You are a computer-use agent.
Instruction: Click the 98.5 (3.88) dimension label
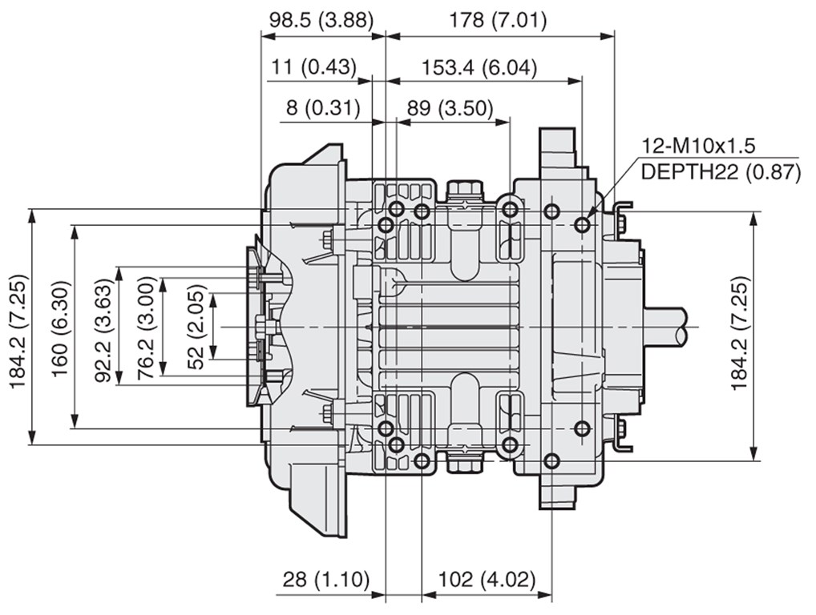tap(321, 20)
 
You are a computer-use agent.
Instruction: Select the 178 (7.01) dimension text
tap(498, 20)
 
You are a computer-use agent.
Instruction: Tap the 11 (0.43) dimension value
tap(313, 67)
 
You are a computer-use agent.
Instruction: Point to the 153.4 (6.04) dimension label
tap(479, 67)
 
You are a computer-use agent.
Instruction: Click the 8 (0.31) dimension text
tap(323, 108)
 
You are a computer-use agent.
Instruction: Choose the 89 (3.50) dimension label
tap(450, 108)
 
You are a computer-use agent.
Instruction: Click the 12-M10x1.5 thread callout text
tap(697, 146)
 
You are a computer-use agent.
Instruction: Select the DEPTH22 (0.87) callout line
tap(721, 171)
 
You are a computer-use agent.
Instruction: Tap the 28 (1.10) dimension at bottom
tap(325, 579)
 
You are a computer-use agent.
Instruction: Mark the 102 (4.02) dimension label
tap(487, 579)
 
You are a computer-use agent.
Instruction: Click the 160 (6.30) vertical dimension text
tap(60, 328)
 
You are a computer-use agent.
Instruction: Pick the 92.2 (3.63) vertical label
tap(104, 331)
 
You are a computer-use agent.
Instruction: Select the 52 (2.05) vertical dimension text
tap(196, 328)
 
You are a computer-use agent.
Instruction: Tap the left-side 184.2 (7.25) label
tap(19, 332)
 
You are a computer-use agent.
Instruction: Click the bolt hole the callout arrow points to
tap(582, 225)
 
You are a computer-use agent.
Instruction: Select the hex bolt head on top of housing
tap(464, 188)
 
